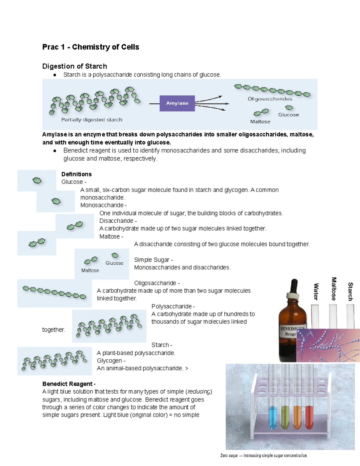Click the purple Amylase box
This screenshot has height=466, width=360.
pos(177,103)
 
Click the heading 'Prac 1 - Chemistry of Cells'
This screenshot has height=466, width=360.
pos(91,47)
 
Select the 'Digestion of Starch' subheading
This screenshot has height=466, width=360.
pos(74,66)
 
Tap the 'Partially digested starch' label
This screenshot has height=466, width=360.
pos(91,120)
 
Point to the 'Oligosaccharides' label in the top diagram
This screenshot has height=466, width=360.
pos(270,99)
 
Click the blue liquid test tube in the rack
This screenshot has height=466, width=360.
pos(272,417)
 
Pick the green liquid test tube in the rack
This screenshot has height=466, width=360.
pos(285,417)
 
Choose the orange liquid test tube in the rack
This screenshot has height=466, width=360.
pos(297,417)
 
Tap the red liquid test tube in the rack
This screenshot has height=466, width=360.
pos(309,417)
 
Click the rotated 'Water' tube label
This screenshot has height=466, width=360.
pos(316,291)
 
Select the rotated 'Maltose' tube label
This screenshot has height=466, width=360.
pos(334,289)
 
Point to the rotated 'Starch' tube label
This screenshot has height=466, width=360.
pos(350,291)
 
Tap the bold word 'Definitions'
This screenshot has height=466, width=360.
pos(76,174)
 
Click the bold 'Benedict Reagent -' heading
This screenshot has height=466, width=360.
pos(69,384)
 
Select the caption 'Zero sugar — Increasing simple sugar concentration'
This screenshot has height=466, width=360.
pos(263,455)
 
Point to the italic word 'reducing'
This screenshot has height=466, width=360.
pos(199,392)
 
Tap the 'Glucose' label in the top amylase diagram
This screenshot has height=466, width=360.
pos(288,115)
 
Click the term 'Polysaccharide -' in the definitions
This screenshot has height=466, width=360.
pos(173,306)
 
